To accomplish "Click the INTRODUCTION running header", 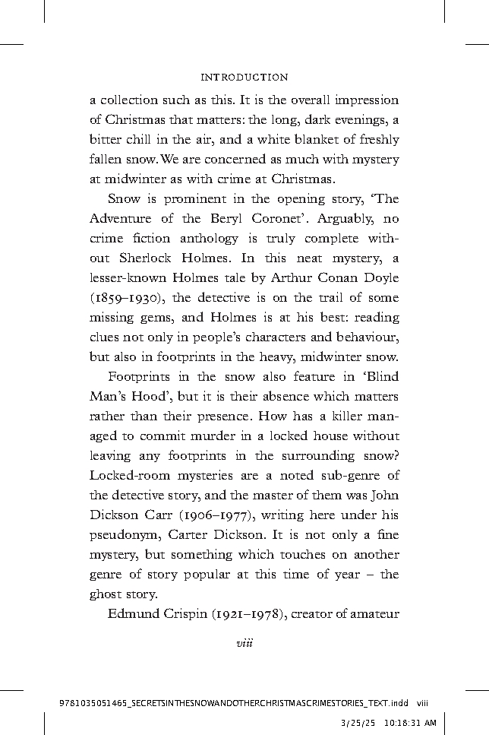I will coord(244,77).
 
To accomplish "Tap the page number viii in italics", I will coord(244,644).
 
